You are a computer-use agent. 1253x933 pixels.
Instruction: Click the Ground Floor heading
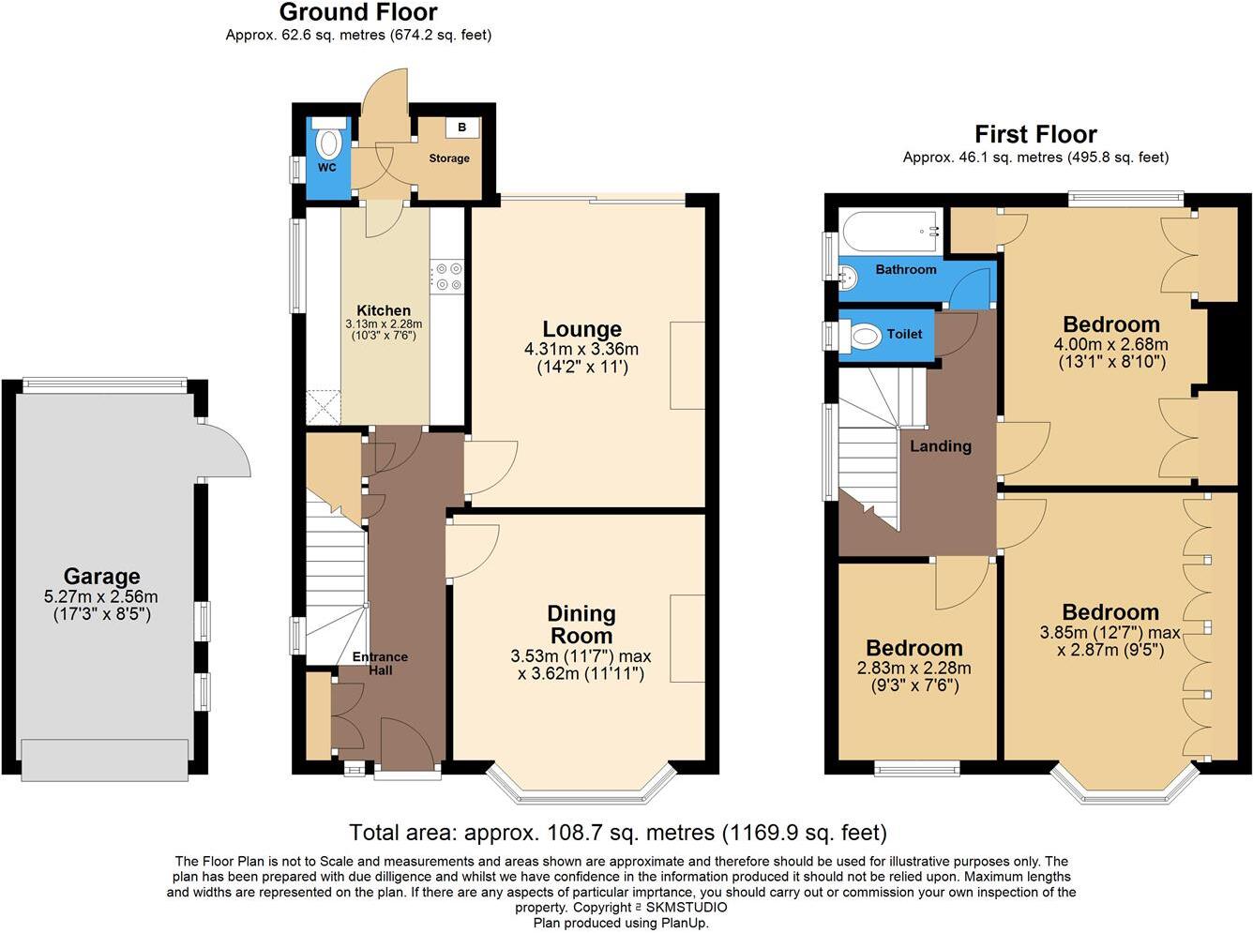tap(358, 13)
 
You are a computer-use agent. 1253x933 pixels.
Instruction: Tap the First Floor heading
tap(1035, 135)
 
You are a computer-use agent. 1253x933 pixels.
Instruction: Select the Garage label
tap(101, 577)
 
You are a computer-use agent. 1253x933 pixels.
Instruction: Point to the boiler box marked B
tap(461, 127)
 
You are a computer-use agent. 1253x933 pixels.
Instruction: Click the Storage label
tap(449, 158)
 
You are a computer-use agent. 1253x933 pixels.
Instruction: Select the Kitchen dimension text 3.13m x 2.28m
tap(384, 324)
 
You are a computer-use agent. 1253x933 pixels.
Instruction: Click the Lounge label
tap(581, 329)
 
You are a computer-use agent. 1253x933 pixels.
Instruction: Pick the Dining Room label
tap(581, 625)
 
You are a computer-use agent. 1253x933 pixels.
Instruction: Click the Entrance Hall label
tap(380, 663)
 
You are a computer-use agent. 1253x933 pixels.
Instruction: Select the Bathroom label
tap(905, 270)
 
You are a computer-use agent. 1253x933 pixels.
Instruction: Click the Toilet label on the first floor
tap(904, 334)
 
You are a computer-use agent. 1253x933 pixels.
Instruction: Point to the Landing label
tap(940, 446)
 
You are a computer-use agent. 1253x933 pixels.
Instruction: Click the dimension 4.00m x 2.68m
tap(1111, 344)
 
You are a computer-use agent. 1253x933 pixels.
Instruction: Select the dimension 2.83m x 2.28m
tap(914, 669)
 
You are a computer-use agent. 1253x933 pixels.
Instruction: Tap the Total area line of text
tap(617, 833)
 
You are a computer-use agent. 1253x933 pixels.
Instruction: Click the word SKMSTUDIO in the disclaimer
tap(687, 908)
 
